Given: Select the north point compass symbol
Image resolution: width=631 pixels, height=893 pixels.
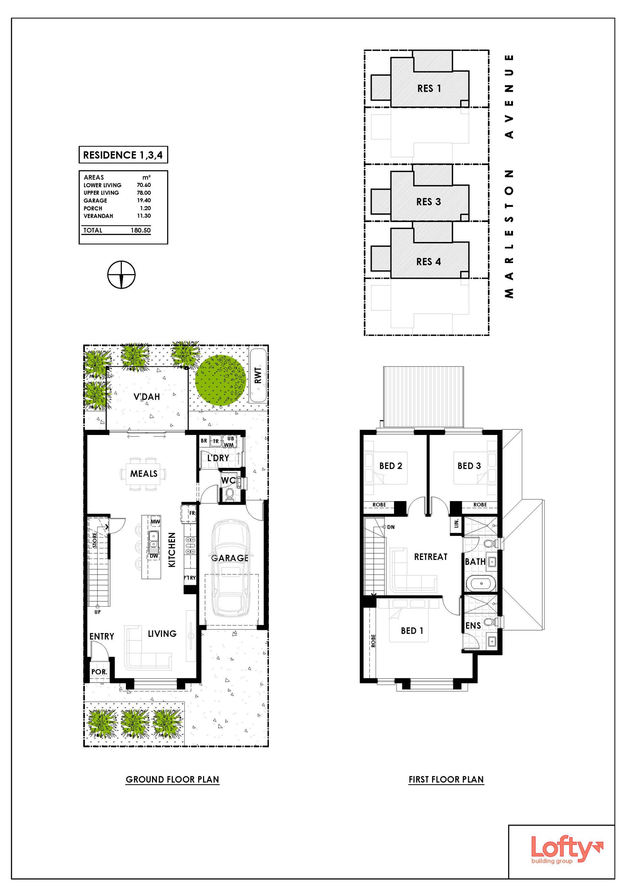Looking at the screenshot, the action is click(122, 275).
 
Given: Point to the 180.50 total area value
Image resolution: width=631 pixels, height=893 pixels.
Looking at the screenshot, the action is click(141, 230).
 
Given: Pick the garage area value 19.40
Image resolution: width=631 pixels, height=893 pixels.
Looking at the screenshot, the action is click(144, 200).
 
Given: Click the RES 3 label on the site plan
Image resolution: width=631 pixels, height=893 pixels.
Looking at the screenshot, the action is click(429, 202).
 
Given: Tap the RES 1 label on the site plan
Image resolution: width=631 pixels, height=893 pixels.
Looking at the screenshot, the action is click(429, 89).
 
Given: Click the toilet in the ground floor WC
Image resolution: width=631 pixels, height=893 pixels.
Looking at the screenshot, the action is click(229, 495).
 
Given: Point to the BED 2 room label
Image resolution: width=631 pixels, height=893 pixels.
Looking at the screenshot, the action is click(391, 466).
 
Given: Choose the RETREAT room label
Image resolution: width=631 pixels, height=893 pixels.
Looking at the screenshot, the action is click(431, 557).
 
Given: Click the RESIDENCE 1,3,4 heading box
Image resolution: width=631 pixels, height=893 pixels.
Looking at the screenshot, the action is click(123, 155).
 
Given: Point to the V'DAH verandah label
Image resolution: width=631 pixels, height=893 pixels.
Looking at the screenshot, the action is click(147, 397).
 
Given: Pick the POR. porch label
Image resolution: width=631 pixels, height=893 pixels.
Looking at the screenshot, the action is click(99, 672).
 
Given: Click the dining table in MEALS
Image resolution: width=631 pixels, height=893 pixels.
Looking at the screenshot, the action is click(144, 473).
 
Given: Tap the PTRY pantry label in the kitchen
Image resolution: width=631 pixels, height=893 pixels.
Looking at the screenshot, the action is click(190, 578).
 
